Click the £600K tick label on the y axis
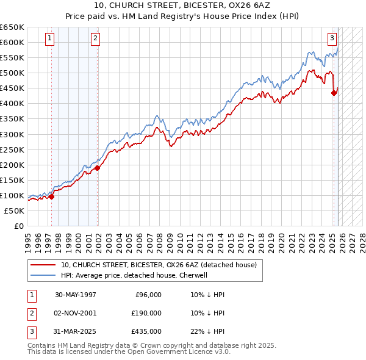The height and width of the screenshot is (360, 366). (x=12, y=42)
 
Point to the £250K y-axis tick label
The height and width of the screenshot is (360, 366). (x=12, y=149)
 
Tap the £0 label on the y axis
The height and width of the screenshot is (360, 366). (x=18, y=226)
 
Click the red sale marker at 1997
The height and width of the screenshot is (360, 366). (x=52, y=196)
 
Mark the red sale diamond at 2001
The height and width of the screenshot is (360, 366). (x=98, y=168)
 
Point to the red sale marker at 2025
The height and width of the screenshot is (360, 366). (x=334, y=93)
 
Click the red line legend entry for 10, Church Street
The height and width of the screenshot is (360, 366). (x=159, y=265)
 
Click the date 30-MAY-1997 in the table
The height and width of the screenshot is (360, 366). (x=76, y=295)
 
